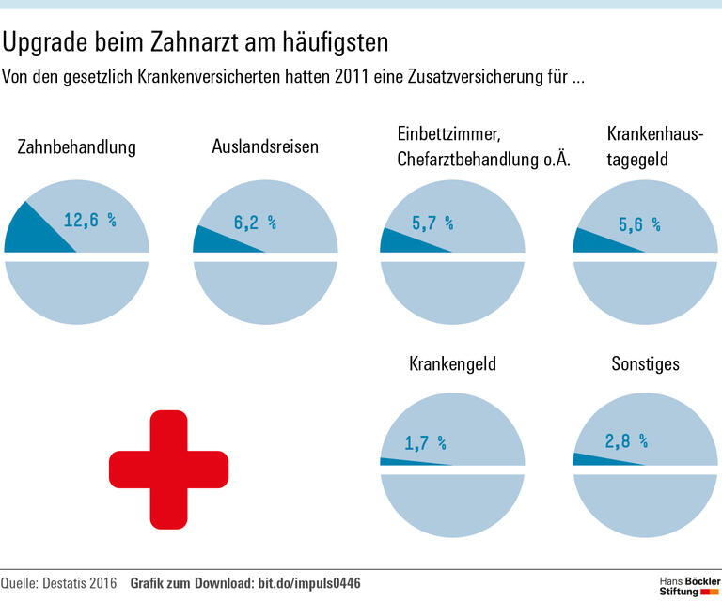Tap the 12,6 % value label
(x=89, y=221)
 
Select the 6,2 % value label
(x=254, y=223)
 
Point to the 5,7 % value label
(x=432, y=223)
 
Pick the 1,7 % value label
(x=425, y=442)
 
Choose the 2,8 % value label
(x=626, y=440)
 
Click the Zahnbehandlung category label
(x=77, y=147)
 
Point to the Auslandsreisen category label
(x=265, y=146)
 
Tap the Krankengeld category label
(x=452, y=363)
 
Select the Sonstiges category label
(x=645, y=363)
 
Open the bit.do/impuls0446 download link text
(x=309, y=584)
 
